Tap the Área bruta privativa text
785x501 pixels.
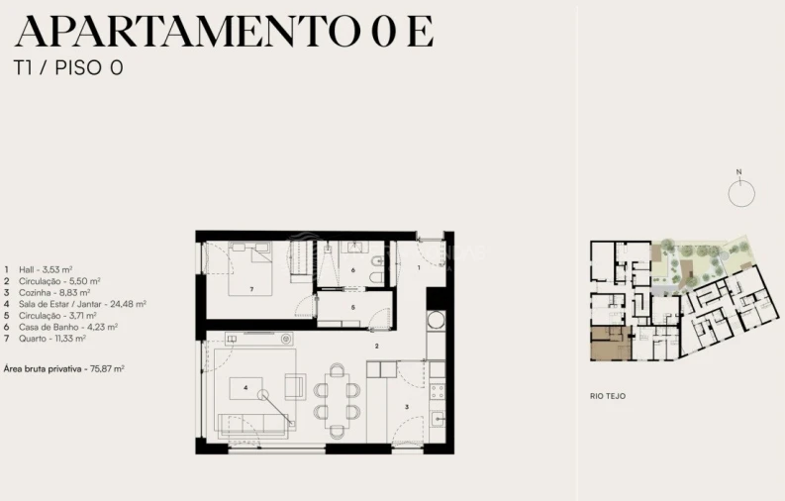point(69,368)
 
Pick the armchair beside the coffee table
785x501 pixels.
point(295,386)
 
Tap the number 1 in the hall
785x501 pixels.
point(418,267)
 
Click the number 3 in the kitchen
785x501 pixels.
point(406,406)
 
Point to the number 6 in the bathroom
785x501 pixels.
point(353,269)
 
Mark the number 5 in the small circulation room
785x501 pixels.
point(353,307)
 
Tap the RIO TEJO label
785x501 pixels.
point(607,396)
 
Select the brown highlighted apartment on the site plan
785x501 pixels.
point(611,344)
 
